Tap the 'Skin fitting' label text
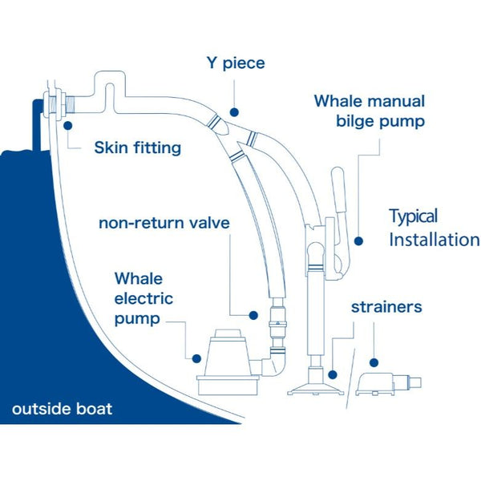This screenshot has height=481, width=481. [137, 148]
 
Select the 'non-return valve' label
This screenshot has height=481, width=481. [164, 222]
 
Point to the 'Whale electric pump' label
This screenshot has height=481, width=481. [143, 299]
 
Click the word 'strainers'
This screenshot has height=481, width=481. [386, 307]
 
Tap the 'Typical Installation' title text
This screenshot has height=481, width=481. [433, 228]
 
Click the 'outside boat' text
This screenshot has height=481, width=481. [62, 409]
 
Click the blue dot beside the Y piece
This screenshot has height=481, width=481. [234, 113]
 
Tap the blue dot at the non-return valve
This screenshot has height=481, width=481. [253, 316]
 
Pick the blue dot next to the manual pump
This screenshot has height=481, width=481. [358, 240]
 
